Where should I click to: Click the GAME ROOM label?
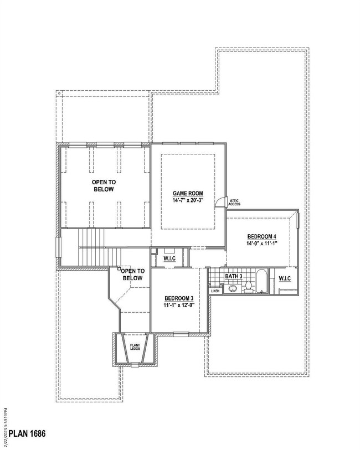click(188, 193)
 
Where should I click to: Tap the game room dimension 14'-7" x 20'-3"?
click(188, 200)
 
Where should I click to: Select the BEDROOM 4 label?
click(262, 236)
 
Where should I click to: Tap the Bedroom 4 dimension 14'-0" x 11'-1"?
click(262, 244)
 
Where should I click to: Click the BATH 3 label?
click(233, 276)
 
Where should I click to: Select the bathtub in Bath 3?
click(261, 281)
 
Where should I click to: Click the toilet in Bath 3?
click(249, 287)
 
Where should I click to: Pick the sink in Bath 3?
click(232, 288)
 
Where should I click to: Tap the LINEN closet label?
click(215, 291)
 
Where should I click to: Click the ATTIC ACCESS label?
click(234, 203)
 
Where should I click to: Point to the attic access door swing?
click(221, 201)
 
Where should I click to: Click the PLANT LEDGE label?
click(135, 347)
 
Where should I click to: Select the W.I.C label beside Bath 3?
click(285, 278)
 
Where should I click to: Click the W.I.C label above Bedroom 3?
click(169, 258)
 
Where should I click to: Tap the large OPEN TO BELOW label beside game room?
click(104, 185)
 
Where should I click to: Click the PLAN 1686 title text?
click(27, 433)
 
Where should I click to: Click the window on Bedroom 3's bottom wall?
click(181, 334)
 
